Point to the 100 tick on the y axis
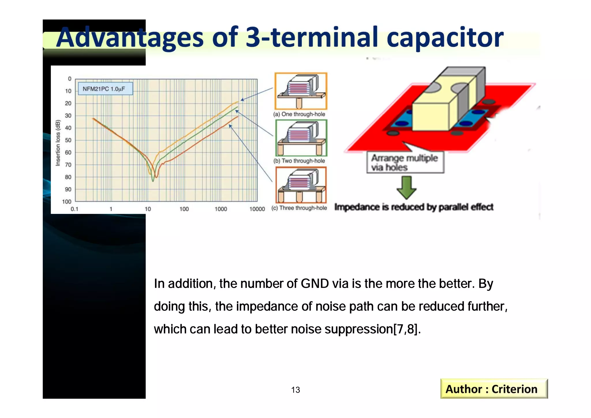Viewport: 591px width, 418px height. [67, 202]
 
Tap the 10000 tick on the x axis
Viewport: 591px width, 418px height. [257, 209]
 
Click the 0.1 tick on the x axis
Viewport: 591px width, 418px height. [74, 209]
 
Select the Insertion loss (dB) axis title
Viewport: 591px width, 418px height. [58, 143]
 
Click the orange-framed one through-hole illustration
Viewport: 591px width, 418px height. [301, 91]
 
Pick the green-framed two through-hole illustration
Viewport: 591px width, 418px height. [301, 138]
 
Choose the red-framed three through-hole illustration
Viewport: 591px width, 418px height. [301, 185]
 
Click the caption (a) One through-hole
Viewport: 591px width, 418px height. [299, 114]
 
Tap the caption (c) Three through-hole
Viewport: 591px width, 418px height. [299, 208]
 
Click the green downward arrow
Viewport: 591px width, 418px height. [406, 188]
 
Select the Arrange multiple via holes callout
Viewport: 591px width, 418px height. [405, 163]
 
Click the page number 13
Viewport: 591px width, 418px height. [295, 390]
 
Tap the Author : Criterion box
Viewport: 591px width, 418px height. [494, 389]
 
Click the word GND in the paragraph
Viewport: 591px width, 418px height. [315, 284]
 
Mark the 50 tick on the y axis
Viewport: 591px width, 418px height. [68, 140]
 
